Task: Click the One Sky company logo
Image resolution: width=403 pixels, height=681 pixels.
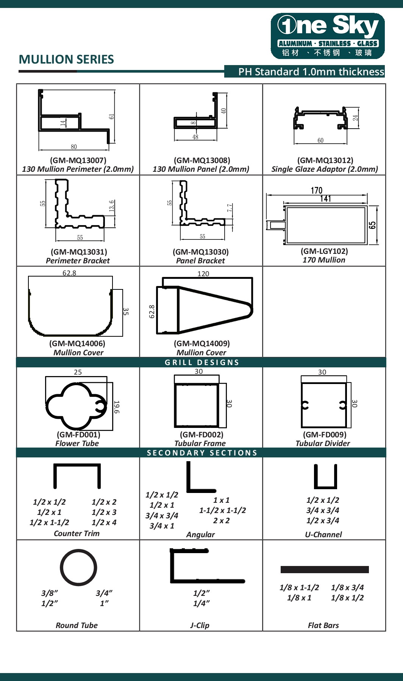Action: click(x=328, y=36)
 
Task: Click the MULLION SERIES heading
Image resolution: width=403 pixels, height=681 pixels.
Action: click(x=66, y=59)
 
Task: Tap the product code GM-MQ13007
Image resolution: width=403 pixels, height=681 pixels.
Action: click(x=78, y=160)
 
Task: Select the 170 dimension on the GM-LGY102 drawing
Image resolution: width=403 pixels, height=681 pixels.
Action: click(x=316, y=190)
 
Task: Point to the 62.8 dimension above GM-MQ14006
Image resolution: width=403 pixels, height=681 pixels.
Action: click(x=69, y=273)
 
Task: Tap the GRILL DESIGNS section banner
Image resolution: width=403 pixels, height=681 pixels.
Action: click(x=202, y=362)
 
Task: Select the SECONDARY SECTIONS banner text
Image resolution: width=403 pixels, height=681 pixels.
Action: click(x=202, y=453)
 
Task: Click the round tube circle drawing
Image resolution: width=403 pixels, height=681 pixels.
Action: click(x=78, y=567)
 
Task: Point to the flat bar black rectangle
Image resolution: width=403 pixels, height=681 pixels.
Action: click(x=325, y=569)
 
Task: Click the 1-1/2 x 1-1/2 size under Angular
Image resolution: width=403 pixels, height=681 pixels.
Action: click(x=222, y=510)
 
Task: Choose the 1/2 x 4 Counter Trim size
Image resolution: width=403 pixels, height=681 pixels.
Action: click(x=104, y=522)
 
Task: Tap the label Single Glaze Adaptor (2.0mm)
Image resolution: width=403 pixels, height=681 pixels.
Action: click(x=325, y=169)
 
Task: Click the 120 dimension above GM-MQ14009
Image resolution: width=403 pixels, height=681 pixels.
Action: click(x=203, y=274)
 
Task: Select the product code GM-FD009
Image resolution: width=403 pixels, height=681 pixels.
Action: click(x=325, y=435)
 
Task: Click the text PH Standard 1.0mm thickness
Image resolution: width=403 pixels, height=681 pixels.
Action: click(x=311, y=72)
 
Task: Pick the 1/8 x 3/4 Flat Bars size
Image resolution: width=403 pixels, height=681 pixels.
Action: click(x=347, y=588)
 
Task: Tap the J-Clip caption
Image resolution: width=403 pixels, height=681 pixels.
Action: click(x=200, y=625)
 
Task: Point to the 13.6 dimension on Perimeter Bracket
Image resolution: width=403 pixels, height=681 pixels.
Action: click(x=111, y=207)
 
